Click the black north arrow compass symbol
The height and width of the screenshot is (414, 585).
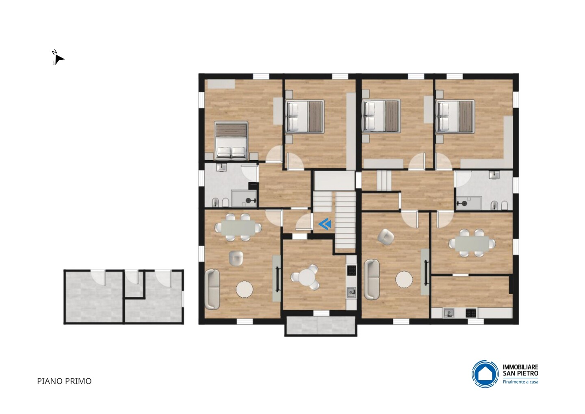(59, 59)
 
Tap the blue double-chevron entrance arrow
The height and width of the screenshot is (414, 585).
(325, 224)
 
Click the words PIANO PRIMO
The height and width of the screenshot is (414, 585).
(64, 381)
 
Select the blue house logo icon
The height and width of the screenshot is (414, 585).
(485, 374)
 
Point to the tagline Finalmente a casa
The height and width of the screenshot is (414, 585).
(520, 382)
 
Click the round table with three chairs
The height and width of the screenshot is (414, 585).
(306, 277)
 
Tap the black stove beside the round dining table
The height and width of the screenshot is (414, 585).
(351, 270)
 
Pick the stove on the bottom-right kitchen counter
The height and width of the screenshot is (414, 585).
(471, 313)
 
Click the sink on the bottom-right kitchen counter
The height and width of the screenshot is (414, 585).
(448, 313)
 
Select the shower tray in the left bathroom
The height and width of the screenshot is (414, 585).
(244, 198)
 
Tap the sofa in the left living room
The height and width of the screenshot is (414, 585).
(212, 289)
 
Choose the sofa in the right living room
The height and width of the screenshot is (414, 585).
(372, 279)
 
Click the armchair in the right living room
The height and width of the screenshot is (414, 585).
(385, 237)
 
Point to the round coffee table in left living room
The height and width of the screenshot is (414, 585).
(245, 289)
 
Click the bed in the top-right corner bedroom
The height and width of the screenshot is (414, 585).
(455, 117)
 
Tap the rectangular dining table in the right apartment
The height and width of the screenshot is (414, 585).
(472, 244)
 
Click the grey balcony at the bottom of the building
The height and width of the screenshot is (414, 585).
(321, 326)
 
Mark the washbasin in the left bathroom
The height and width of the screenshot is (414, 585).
(222, 168)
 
